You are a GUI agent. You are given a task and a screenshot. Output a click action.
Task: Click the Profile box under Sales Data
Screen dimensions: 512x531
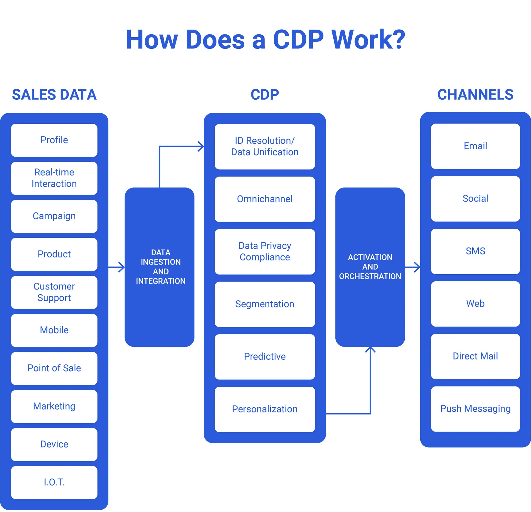[x=54, y=140]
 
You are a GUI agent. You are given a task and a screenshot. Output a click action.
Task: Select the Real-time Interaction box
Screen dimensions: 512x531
[x=54, y=178]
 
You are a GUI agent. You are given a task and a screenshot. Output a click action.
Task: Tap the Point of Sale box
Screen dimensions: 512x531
[x=54, y=368]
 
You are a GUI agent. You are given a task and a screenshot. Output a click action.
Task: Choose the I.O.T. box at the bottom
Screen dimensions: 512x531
[x=54, y=482]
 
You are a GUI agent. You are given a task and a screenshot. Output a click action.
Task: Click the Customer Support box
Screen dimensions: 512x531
[x=54, y=292]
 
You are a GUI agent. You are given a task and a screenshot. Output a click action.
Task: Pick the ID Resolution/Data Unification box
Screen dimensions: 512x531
[x=265, y=146]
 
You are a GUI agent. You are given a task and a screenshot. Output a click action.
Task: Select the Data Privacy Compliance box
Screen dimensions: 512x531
[x=265, y=252]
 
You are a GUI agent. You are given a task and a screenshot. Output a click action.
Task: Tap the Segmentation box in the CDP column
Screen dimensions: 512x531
[x=265, y=304]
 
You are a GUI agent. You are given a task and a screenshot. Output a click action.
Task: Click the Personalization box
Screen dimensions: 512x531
[x=265, y=409]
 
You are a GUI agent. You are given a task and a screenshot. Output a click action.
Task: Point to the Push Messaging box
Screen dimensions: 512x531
[x=475, y=409]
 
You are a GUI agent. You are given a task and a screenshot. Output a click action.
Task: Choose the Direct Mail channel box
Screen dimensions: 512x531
[x=475, y=356]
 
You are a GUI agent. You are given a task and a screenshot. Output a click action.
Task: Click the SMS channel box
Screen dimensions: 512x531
[x=475, y=251]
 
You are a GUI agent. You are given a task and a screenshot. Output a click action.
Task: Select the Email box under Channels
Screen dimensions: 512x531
[x=475, y=146]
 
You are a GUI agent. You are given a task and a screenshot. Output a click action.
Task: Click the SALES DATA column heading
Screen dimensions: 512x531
[x=54, y=95]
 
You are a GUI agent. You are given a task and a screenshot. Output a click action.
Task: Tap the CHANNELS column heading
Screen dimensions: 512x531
[x=475, y=95]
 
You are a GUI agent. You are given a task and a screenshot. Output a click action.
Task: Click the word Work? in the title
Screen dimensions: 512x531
[x=368, y=39]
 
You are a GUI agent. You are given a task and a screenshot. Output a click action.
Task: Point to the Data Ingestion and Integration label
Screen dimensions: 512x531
[x=160, y=267]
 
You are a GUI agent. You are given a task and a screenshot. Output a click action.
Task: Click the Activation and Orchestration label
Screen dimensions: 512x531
[x=370, y=267]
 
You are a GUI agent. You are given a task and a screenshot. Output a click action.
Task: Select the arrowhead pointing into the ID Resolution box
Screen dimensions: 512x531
[x=201, y=146]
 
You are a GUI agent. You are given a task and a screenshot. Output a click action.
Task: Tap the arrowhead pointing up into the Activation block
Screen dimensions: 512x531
[x=370, y=350]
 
